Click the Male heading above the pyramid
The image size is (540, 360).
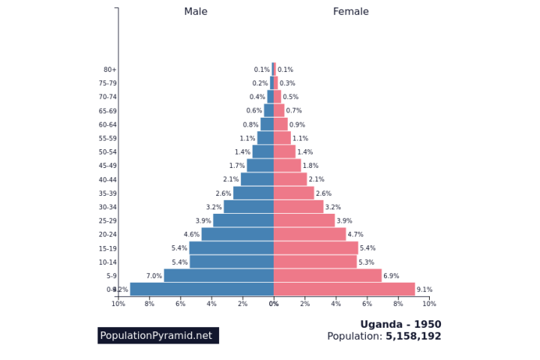coord(196,12)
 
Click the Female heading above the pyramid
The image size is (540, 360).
coord(351,12)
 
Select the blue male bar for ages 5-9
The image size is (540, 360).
coord(219,276)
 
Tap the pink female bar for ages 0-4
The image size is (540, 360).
coord(344,289)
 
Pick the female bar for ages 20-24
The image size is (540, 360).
coord(310,235)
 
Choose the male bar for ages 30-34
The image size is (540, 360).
coord(248,207)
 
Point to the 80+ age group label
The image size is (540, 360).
coord(110,70)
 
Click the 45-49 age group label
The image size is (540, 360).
coord(108,166)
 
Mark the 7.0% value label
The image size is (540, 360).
coord(154,276)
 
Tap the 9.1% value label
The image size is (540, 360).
coord(424,289)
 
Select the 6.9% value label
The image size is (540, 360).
coord(391,276)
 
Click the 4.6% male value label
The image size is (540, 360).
coord(192,235)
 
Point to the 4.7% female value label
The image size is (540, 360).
coord(355,235)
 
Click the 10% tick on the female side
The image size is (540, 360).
coord(429,304)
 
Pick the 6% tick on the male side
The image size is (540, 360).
coord(181,304)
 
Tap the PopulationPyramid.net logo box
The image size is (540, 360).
coord(157,335)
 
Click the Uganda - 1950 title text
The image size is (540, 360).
coord(400,325)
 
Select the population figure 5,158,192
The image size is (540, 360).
coord(413,337)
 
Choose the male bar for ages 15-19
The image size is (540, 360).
coord(231,248)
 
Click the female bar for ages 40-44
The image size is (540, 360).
coord(290,179)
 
